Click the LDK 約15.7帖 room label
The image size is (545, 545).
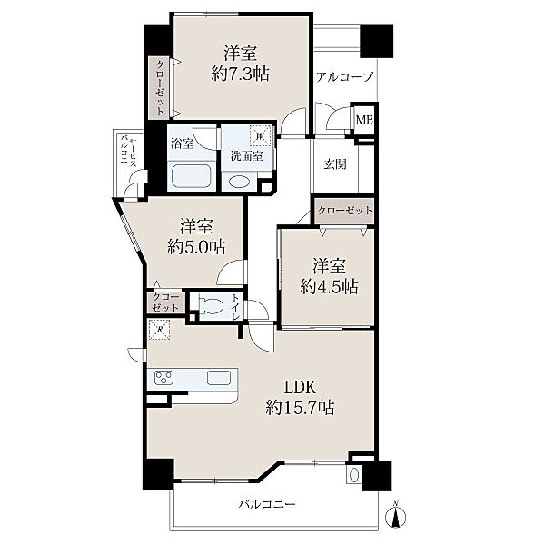pos(301,397)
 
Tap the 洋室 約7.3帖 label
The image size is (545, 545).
pos(240,64)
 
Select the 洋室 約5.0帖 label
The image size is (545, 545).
pos(196,237)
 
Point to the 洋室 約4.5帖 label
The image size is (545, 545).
pos(329,277)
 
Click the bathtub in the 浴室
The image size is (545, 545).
pos(193,176)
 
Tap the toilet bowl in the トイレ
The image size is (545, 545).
pos(212,306)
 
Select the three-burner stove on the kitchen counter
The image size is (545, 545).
pos(164,378)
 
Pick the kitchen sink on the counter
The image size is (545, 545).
pos(219,378)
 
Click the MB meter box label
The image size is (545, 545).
pos(364,120)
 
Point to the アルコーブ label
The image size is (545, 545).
pos(345,76)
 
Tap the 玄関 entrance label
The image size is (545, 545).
pos(335,163)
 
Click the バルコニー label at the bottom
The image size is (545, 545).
pos(267,504)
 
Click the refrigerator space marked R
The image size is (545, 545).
pos(159,330)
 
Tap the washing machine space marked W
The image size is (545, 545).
pos(260,135)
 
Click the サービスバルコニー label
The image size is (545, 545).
pos(128,154)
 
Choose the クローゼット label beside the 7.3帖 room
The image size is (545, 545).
pos(160,87)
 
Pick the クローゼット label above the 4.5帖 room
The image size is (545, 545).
pos(345,211)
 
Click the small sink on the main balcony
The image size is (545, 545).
pos(354,475)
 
